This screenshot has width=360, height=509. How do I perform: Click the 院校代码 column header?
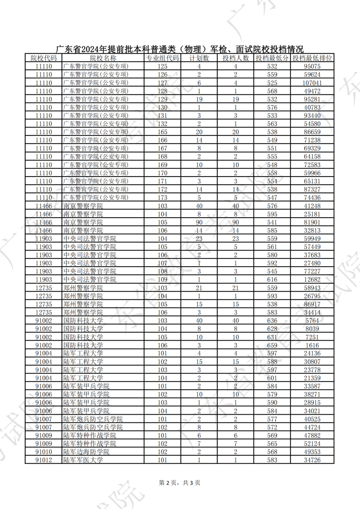coord(44,58)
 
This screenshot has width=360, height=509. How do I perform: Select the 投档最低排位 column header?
coord(312,58)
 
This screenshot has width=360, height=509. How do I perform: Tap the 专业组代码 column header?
coord(162,58)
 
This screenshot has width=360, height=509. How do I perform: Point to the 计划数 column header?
coord(199,58)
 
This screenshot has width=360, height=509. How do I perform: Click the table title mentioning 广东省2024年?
coord(180,49)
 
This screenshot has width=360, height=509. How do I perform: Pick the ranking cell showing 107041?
coord(312,83)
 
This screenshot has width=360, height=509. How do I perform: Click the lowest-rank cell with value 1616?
coord(312,345)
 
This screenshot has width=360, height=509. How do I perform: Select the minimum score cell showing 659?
coord(272,345)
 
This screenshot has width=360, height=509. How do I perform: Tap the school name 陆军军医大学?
coord(83,460)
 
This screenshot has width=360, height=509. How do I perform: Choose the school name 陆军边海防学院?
coord(86,452)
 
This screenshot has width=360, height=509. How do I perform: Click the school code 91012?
coord(44,460)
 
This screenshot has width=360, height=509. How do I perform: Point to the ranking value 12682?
coord(312,280)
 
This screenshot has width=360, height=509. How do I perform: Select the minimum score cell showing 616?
coord(272,280)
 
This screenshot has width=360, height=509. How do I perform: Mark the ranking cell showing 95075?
coord(312,66)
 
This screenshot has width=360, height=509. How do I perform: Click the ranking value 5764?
coord(312,321)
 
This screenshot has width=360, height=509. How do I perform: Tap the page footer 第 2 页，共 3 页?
coord(180,483)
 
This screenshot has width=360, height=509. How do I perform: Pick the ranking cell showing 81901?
coord(312,222)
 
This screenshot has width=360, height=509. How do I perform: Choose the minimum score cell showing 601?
coord(272,378)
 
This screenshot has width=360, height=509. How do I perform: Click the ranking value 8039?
coord(312,329)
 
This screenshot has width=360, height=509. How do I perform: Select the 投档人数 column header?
coord(236,58)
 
